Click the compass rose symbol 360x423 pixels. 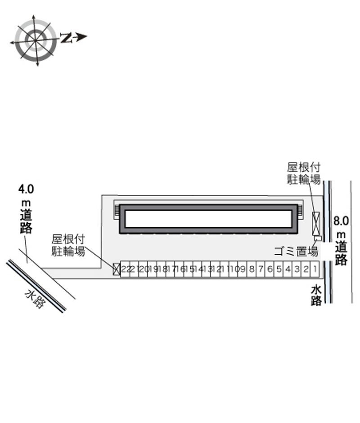tap(36, 40)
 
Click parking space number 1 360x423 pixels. tap(315, 269)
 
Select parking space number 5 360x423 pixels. tap(279, 269)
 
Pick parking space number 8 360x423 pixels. tap(252, 269)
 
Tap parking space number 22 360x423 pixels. tap(125, 269)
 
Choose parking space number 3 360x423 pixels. tap(297, 269)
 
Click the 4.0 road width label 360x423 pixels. tap(26, 189)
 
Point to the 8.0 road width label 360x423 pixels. tap(341, 221)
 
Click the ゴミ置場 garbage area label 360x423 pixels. tap(296, 251)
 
